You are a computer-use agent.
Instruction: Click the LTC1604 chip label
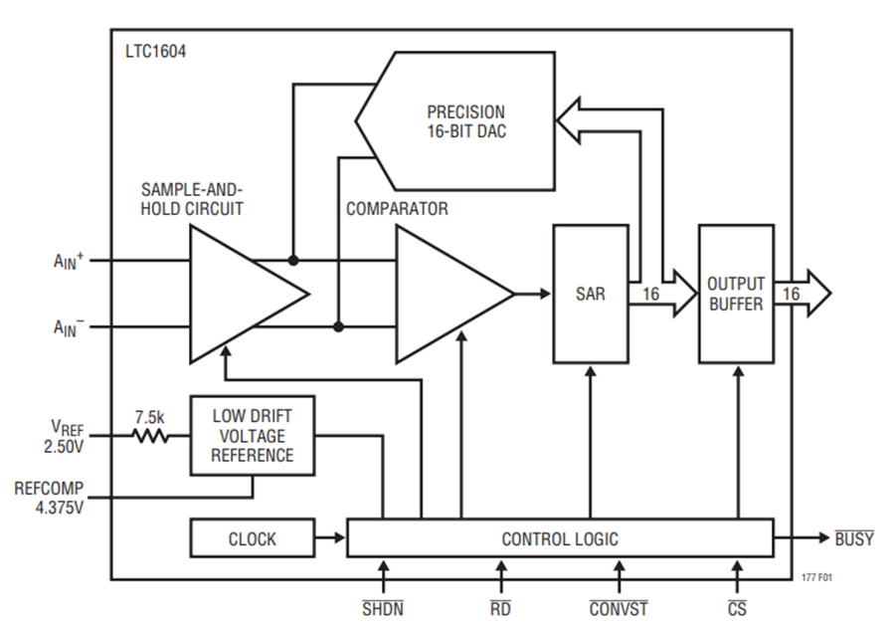coord(155,52)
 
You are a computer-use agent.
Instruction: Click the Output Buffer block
coord(736,294)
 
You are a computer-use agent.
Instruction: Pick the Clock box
coord(253,537)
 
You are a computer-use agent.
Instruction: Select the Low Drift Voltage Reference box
coord(253,436)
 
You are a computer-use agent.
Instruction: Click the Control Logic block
coord(560,537)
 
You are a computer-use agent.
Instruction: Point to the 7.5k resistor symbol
coord(150,436)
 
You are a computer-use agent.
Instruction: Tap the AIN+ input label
coord(69,261)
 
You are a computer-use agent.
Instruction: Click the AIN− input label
coord(69,327)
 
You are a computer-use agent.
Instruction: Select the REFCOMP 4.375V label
coord(49,498)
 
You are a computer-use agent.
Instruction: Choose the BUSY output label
coord(854,538)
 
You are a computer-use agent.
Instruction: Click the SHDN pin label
coord(383,608)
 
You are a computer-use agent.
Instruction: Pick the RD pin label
coord(500,608)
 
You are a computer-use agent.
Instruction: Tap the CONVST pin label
coord(619,608)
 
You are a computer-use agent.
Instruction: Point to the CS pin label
coord(737,608)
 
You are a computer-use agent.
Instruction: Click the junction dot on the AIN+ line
coord(293,261)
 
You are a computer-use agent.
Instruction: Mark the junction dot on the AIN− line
coord(338,326)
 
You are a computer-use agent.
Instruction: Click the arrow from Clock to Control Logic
coord(330,537)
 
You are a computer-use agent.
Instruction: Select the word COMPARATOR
coord(397,209)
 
